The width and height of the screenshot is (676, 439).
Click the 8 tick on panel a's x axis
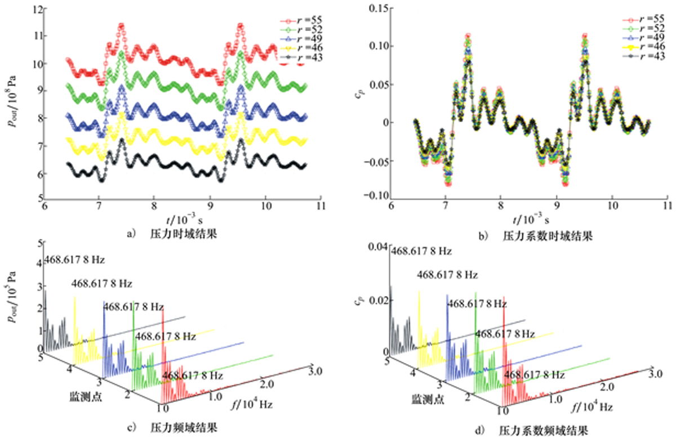tap(154, 207)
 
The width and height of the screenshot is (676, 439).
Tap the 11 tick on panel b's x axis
tap(668, 207)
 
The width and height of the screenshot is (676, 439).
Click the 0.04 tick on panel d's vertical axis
tap(377, 248)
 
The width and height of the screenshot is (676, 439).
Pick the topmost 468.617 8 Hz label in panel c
tap(75, 261)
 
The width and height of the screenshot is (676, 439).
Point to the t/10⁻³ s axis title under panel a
tap(181, 218)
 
